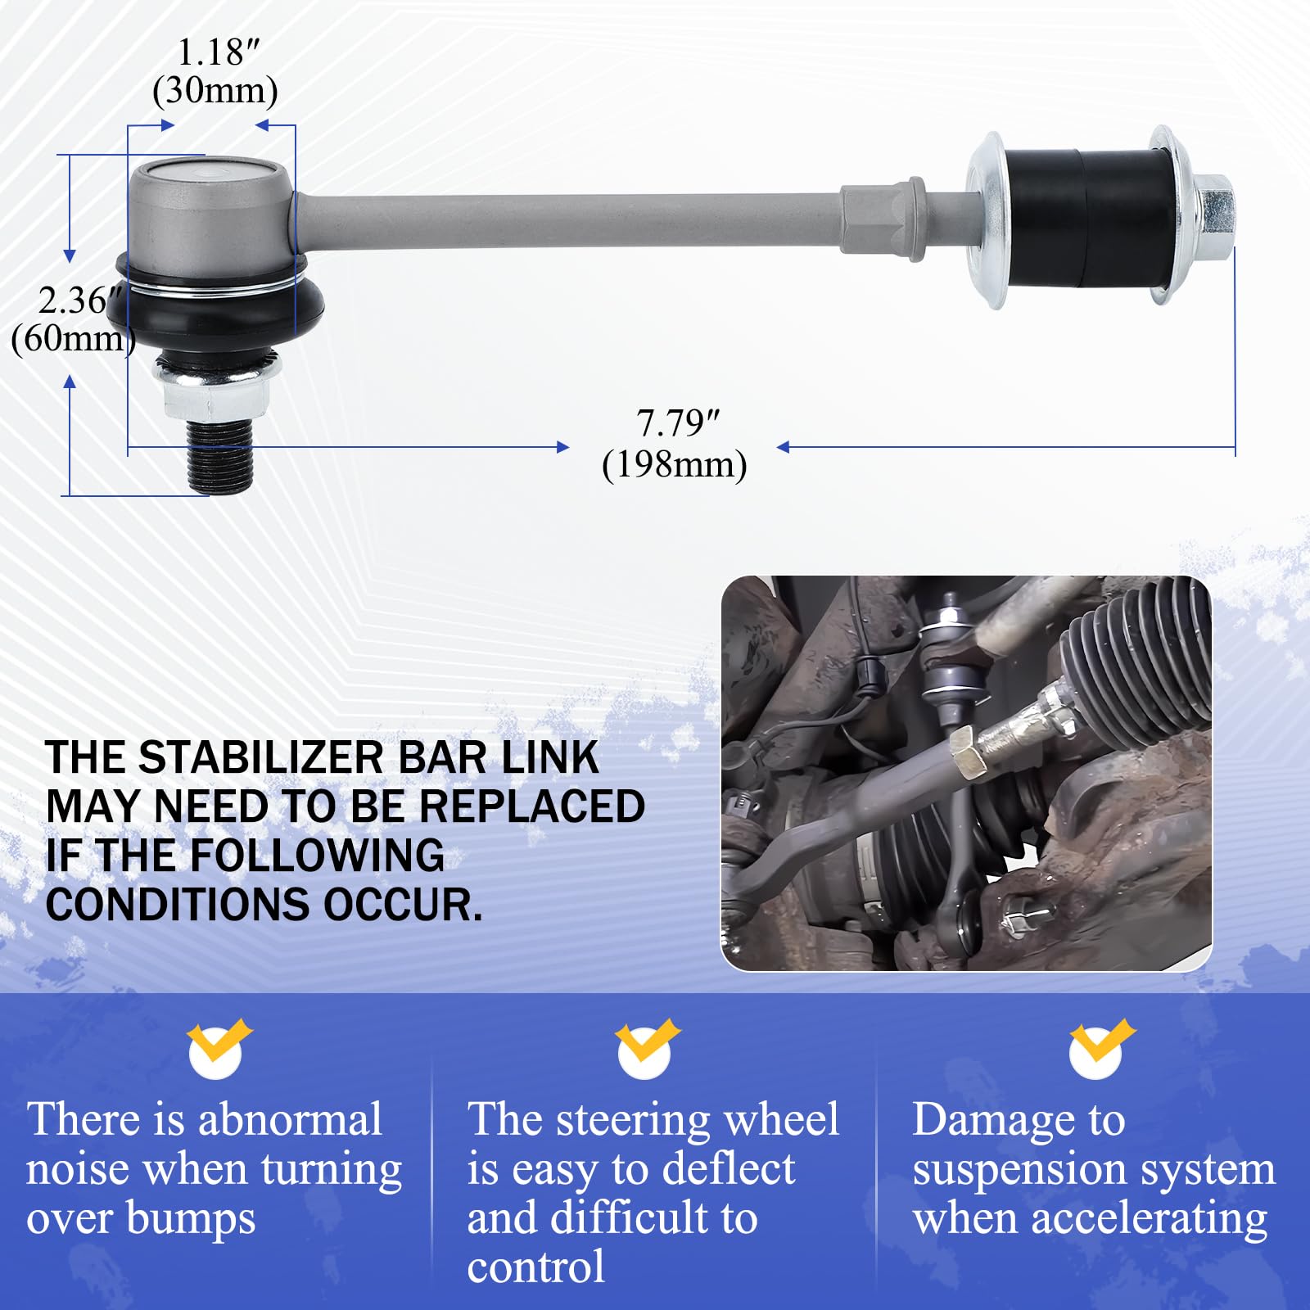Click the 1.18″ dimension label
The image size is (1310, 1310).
coord(217,53)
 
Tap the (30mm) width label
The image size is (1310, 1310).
coord(215,90)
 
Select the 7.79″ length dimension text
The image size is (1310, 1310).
coord(677,423)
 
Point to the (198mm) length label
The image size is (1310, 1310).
coord(674,465)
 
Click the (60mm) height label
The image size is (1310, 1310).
coord(72,338)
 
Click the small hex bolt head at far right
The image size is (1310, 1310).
coord(1217,217)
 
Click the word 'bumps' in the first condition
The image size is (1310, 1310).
coord(191,1218)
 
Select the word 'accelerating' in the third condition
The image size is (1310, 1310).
coord(1149,1218)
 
